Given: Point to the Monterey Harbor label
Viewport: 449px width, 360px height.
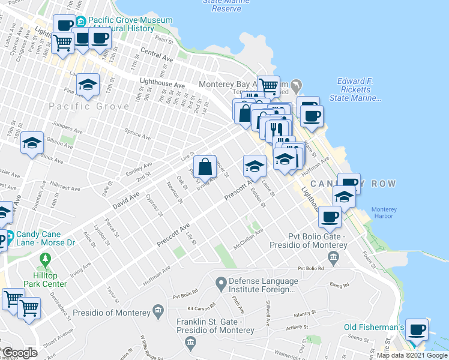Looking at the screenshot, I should coord(384,213).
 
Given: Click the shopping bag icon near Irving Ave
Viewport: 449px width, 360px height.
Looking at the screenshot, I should coord(204,166).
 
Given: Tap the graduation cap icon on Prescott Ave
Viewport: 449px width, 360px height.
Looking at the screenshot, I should coord(254,166).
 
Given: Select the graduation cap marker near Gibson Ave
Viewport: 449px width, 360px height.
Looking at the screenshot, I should coord(32,143).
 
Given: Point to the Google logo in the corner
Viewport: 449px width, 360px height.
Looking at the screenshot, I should coord(20,353).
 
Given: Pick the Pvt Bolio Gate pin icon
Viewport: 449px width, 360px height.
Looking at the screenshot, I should coord(334,257).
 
